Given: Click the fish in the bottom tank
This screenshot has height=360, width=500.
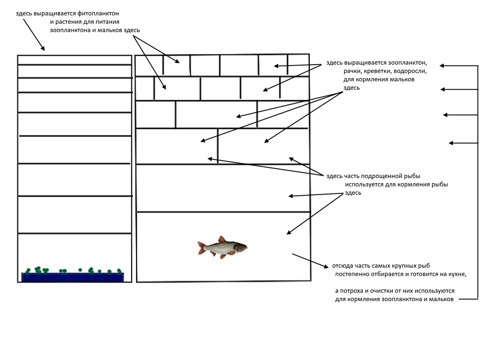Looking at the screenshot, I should [x=222, y=247].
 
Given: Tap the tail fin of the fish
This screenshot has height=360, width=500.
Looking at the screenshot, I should [x=202, y=247].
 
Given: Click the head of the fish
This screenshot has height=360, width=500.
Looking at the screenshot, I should [x=241, y=247].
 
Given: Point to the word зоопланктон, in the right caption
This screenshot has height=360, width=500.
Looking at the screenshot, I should [x=408, y=62].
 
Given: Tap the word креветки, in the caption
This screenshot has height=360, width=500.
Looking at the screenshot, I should [x=377, y=71].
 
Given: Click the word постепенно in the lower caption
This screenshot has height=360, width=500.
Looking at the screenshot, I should [x=352, y=274].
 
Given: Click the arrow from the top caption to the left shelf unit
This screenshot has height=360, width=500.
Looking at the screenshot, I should [x=33, y=34].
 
